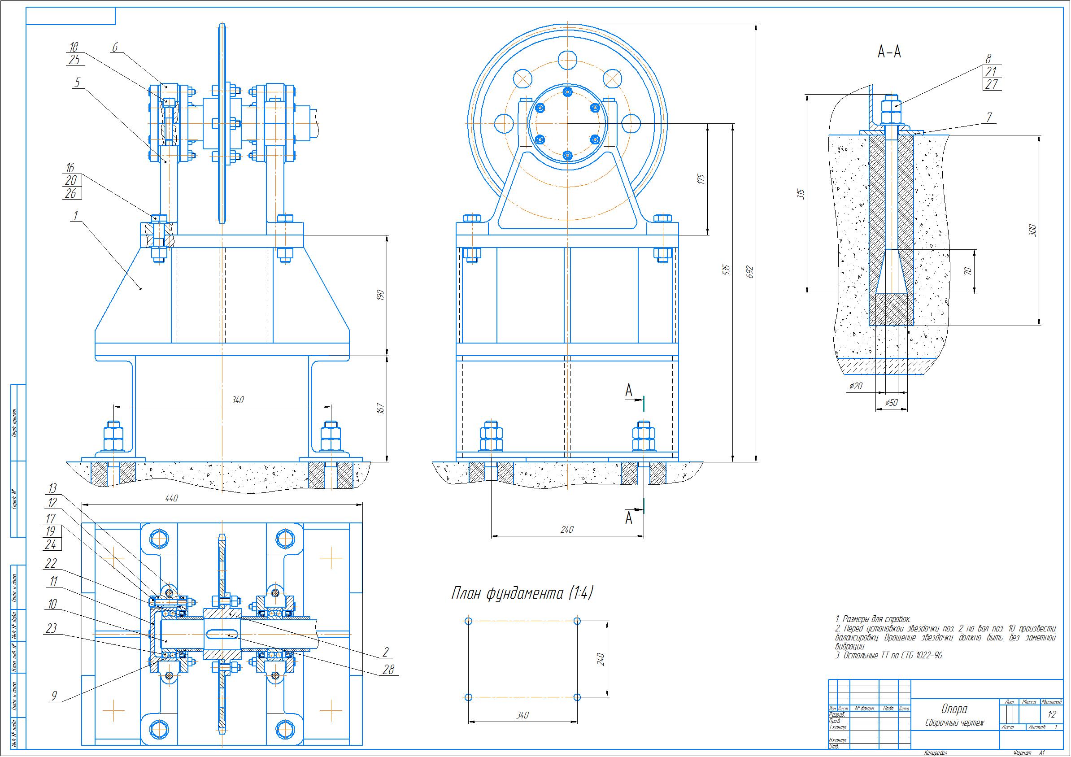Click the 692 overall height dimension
(x=750, y=272)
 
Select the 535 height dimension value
(x=726, y=270)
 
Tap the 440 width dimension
(x=172, y=499)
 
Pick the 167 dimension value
(x=381, y=409)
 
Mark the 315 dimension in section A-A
(x=801, y=194)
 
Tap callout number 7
(x=989, y=117)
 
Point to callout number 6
(x=115, y=47)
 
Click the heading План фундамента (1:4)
(x=522, y=594)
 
